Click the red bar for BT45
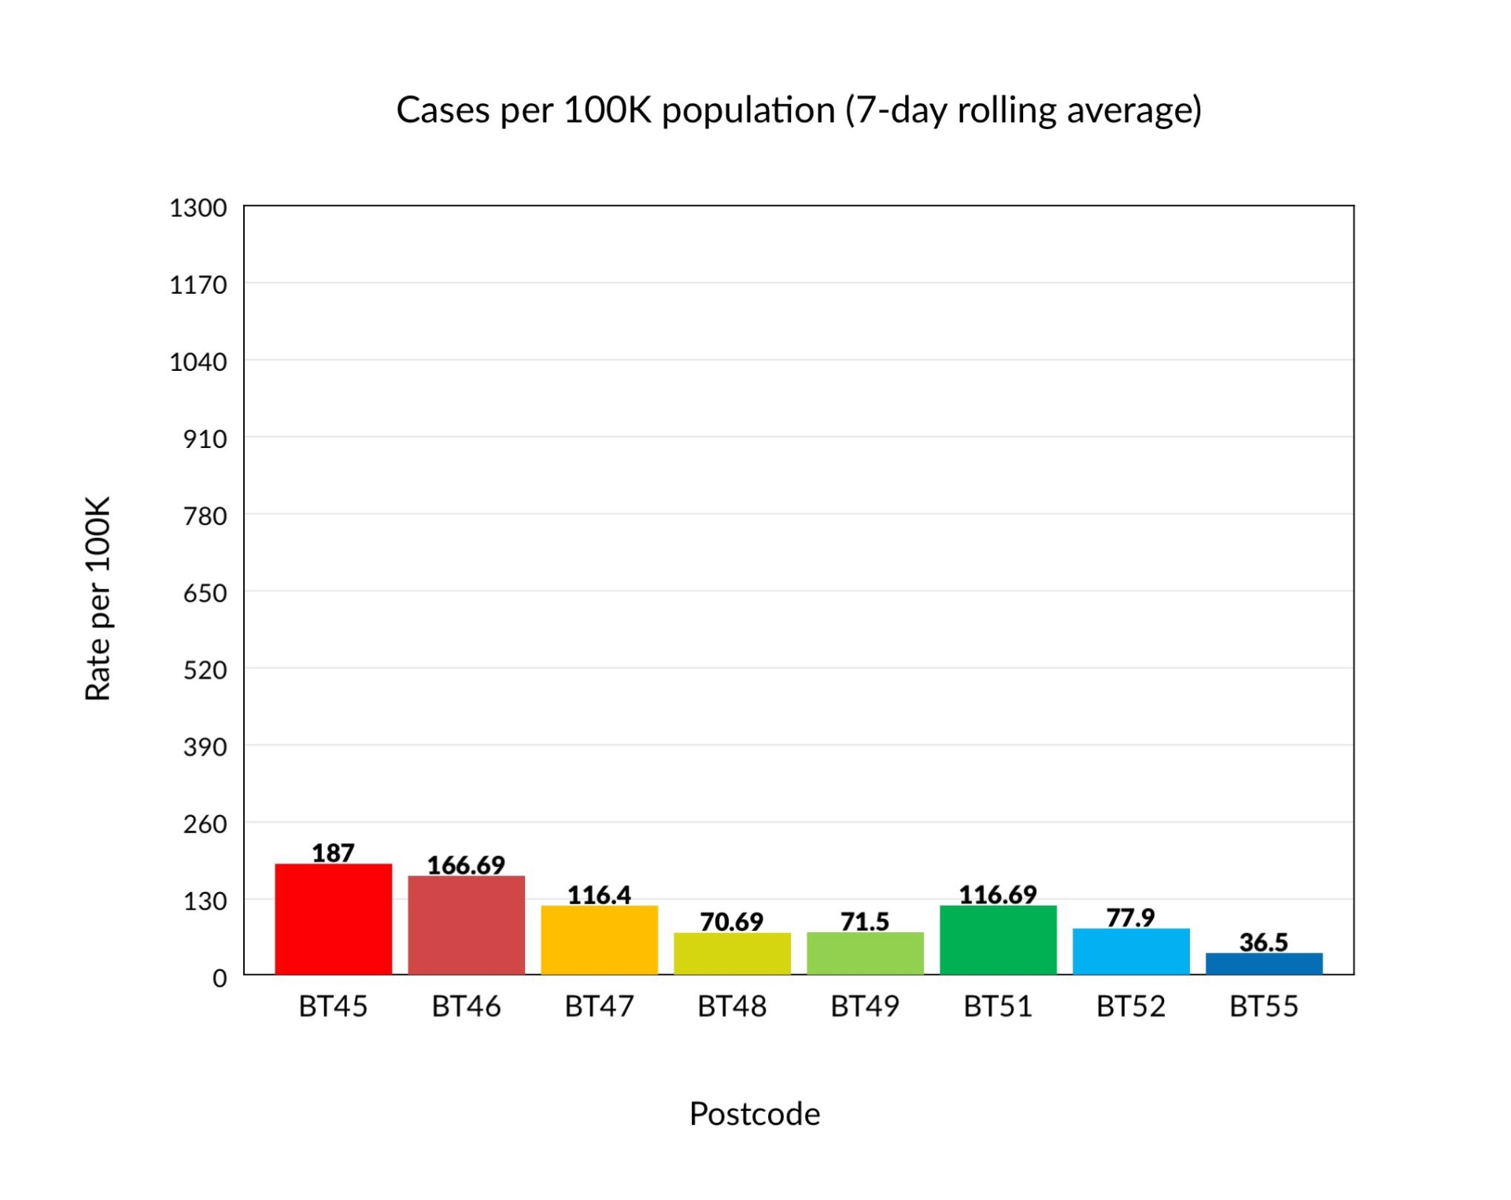click(x=333, y=919)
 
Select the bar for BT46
click(x=466, y=925)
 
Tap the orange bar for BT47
click(x=599, y=940)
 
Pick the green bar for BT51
click(x=998, y=940)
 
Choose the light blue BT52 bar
click(x=1131, y=951)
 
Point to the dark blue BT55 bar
click(x=1264, y=964)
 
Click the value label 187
click(x=333, y=853)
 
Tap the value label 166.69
click(x=466, y=865)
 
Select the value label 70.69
click(x=732, y=921)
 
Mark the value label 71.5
click(x=865, y=921)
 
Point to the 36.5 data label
click(x=1264, y=942)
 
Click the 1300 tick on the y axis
click(x=198, y=208)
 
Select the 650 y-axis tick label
click(x=205, y=593)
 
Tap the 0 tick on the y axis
click(x=220, y=978)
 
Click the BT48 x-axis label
click(x=732, y=1006)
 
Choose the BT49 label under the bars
click(x=865, y=1006)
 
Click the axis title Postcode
click(x=755, y=1114)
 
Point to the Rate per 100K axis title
click(x=98, y=598)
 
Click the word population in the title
click(x=748, y=110)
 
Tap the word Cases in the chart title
click(x=443, y=110)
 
